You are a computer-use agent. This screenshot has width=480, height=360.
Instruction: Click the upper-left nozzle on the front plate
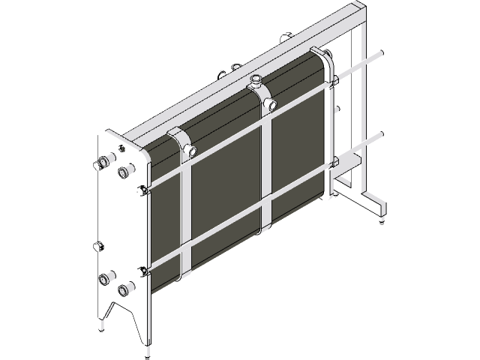pos(103,162)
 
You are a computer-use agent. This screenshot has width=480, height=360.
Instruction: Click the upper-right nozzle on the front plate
pos(122,173)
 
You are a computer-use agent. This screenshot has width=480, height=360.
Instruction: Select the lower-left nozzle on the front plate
pos(103,279)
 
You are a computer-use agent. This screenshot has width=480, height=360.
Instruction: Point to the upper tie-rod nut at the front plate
pos(142,188)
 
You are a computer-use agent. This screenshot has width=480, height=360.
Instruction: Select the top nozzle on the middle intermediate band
pos(256,79)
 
